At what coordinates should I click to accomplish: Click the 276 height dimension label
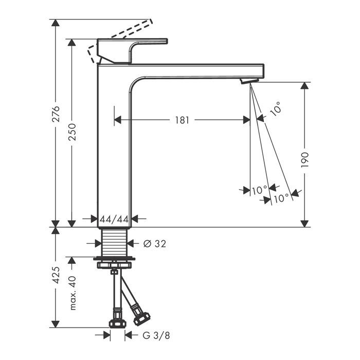[56, 114]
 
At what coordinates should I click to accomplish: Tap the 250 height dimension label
[73, 132]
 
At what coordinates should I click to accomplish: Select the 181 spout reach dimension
[182, 120]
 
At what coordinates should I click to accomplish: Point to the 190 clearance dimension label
[304, 160]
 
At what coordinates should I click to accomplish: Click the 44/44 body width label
[114, 220]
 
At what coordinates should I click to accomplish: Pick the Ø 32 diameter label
[154, 244]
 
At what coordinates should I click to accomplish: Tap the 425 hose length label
[56, 275]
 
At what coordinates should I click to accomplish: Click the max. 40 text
[73, 293]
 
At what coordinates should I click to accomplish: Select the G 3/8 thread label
[156, 335]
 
